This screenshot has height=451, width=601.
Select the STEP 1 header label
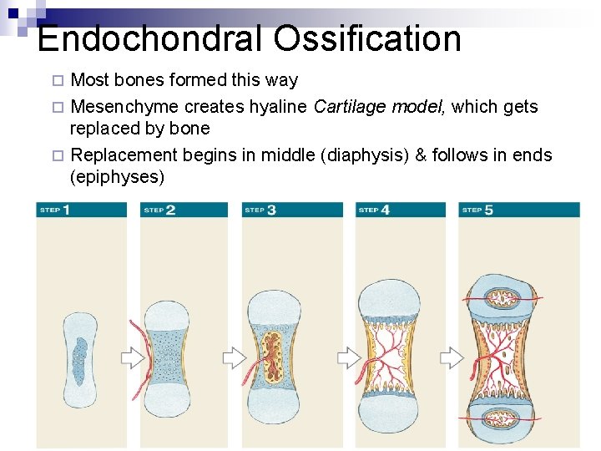pos(54,210)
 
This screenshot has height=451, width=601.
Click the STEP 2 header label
pos(159,210)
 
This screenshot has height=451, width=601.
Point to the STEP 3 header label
pos(260,210)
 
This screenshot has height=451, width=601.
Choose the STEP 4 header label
pos(374,210)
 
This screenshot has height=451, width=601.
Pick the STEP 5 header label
pos(477,210)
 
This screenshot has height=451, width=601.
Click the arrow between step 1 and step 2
pos(133,358)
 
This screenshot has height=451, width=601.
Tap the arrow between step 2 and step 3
pos(234,358)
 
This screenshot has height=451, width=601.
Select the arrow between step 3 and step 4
pos(348,358)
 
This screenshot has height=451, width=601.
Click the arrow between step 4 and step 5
pos(452,358)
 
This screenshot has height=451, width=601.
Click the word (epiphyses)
pos(118,177)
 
